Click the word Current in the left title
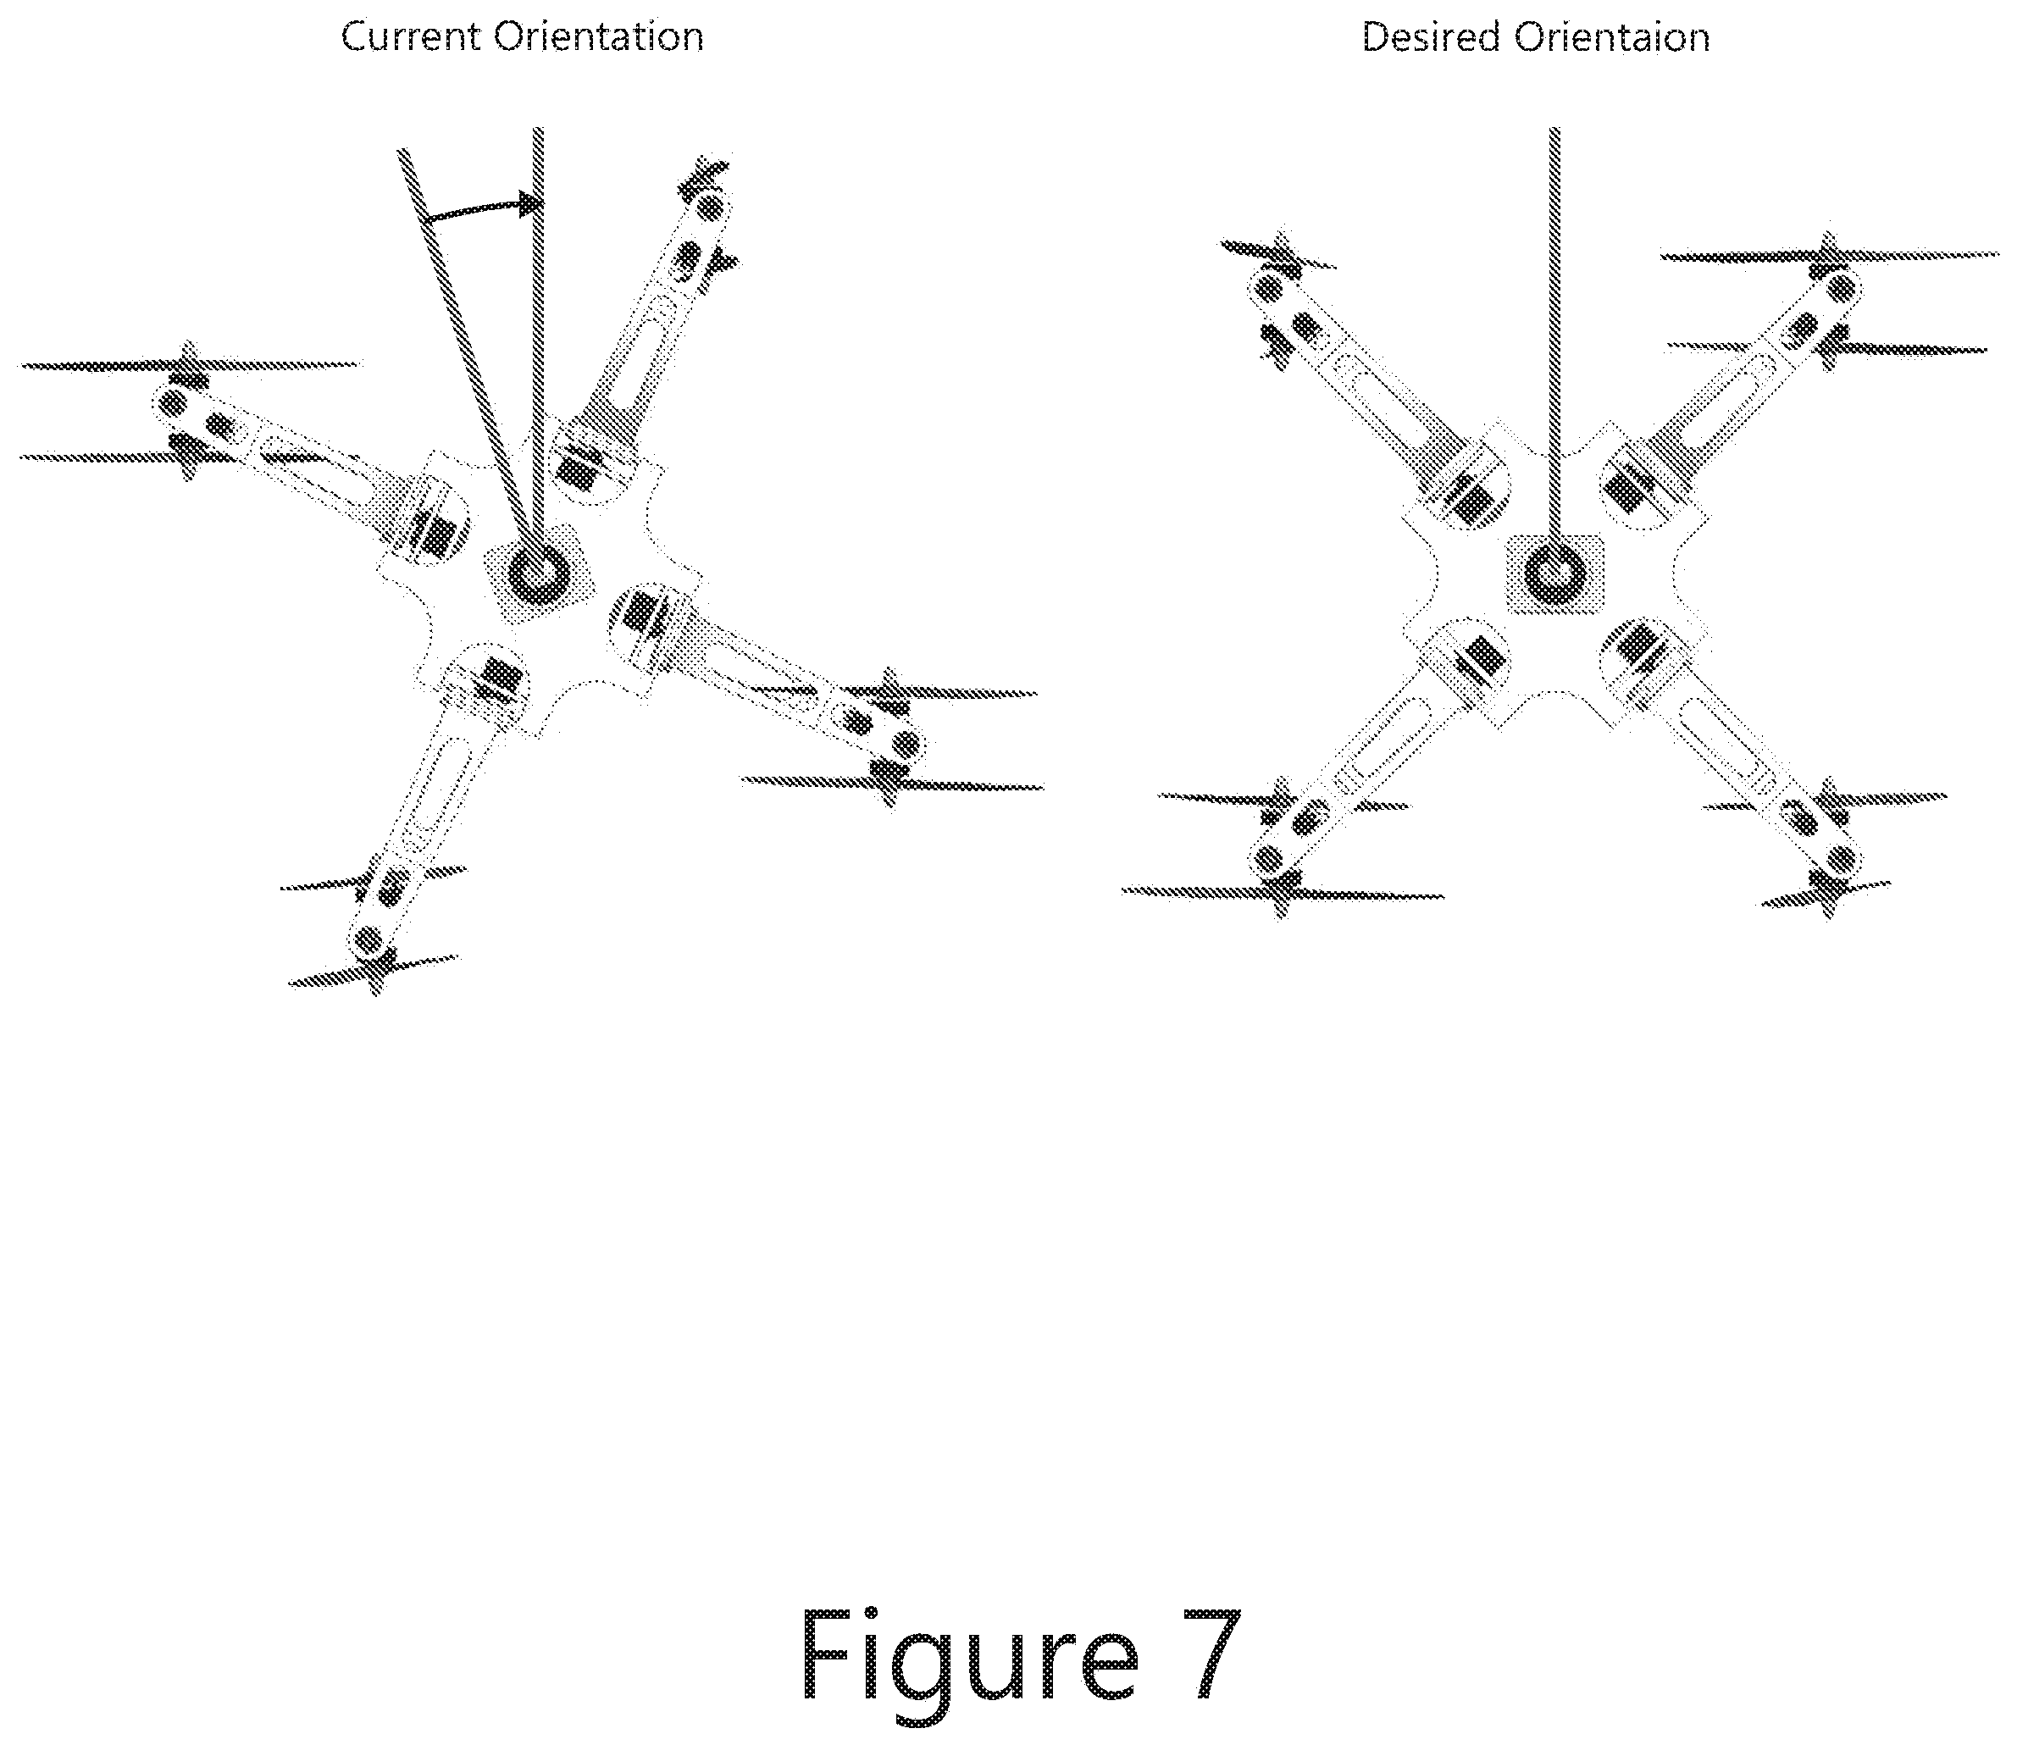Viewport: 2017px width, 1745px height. click(x=411, y=37)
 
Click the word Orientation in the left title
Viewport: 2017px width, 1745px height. click(x=598, y=37)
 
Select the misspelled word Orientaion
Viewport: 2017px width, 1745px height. click(x=1611, y=37)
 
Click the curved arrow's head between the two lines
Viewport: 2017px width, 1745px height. click(x=531, y=204)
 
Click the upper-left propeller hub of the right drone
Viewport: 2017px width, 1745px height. click(x=1269, y=287)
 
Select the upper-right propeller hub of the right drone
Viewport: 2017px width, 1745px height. click(x=1840, y=287)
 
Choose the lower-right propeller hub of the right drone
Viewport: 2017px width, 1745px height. click(x=1840, y=859)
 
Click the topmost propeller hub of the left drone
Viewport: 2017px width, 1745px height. click(x=710, y=207)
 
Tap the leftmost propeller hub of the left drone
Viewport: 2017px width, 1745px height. click(x=175, y=402)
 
